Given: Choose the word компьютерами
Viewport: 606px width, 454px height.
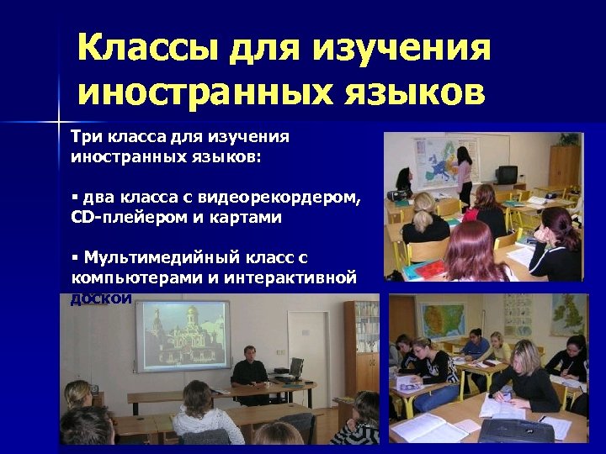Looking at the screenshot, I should pyautogui.click(x=125, y=277).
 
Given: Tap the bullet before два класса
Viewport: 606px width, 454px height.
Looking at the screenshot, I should pyautogui.click(x=74, y=197).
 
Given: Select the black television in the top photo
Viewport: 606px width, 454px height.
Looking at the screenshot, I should pyautogui.click(x=506, y=175).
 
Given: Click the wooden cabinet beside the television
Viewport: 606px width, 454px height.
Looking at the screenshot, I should pyautogui.click(x=564, y=165).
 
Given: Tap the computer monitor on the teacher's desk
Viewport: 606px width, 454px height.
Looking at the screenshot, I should pyautogui.click(x=296, y=367).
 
